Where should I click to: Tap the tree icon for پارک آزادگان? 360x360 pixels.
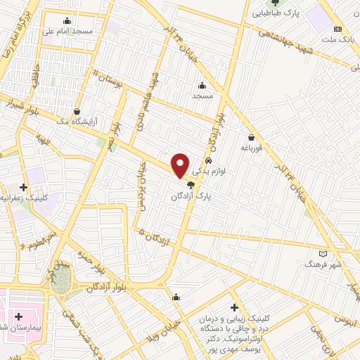191,185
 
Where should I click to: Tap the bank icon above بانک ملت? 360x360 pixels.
338,29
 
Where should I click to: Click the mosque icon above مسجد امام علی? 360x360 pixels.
66,20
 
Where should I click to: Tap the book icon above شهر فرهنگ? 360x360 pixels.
323,253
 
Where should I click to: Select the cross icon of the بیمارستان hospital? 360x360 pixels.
18,317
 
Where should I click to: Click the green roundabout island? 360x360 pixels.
61,283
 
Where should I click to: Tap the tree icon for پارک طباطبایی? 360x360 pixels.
264,2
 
